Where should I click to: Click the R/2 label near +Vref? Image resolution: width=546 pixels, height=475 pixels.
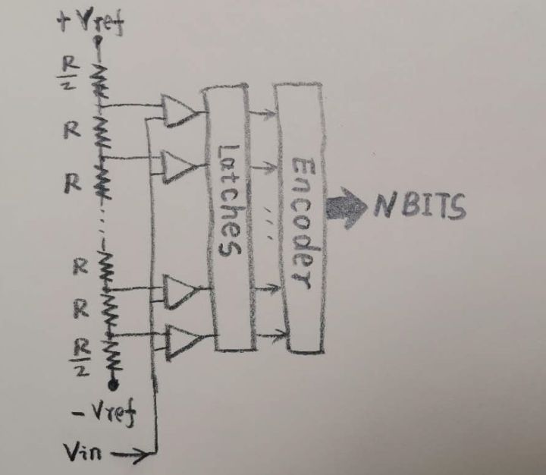(67, 76)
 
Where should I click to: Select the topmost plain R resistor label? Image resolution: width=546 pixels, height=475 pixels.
(70, 129)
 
